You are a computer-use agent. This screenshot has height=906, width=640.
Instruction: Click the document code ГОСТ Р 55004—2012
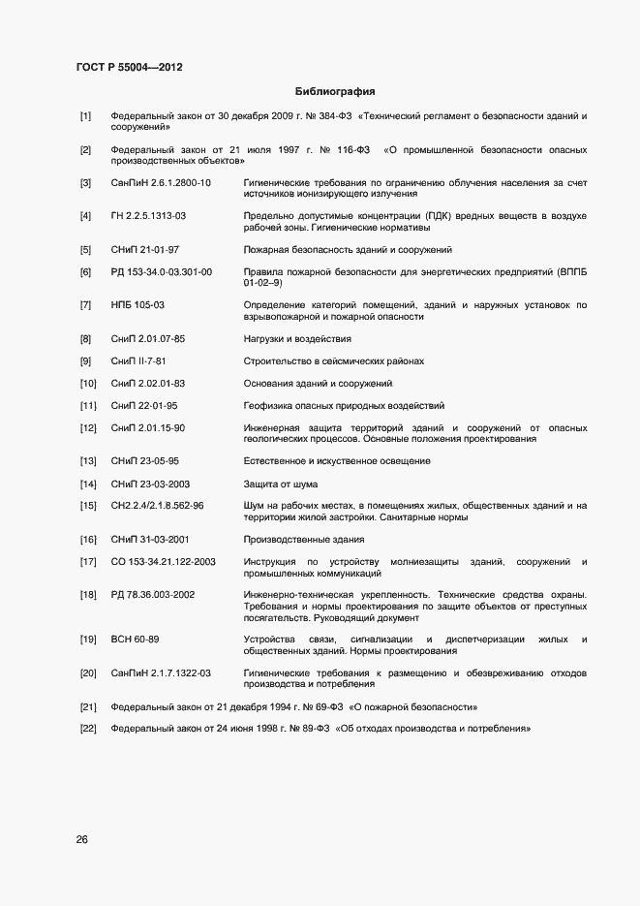[129, 68]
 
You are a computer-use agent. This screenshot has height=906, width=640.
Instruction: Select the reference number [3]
[86, 183]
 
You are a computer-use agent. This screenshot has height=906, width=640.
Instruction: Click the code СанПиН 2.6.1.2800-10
[161, 183]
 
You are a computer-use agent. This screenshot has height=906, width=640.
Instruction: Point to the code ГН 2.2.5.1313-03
[148, 215]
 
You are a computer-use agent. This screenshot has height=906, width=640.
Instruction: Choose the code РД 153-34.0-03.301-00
[162, 272]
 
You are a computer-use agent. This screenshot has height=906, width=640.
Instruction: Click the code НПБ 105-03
[137, 305]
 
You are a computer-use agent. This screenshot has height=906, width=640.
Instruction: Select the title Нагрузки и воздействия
[297, 339]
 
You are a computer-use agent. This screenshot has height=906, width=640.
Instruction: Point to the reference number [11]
[88, 406]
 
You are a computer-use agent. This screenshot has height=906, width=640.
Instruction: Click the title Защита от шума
[281, 484]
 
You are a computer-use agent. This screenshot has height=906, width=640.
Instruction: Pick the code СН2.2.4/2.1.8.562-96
[157, 506]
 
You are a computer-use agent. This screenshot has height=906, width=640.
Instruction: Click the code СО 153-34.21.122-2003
[163, 562]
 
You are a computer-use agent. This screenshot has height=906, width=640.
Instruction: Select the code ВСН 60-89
[136, 640]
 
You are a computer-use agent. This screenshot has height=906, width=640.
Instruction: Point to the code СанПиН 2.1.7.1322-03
[161, 672]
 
